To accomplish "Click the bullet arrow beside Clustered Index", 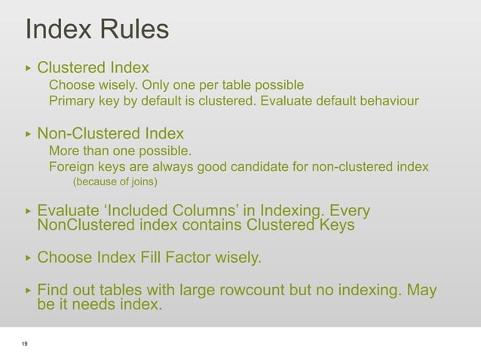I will (x=28, y=68).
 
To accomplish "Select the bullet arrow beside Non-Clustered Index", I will (x=28, y=135).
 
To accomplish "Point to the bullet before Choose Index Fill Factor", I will (x=28, y=258).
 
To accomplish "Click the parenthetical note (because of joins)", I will (x=115, y=182).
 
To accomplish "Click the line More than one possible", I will (x=120, y=151).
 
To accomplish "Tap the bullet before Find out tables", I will (x=28, y=291).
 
